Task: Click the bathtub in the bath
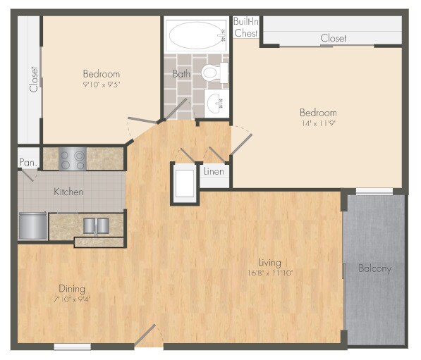[197, 34]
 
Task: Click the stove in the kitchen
[72, 159]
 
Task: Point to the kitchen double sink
[96, 225]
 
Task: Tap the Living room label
[269, 263]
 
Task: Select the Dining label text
[72, 288]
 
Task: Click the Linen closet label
[214, 171]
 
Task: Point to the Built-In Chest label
[246, 27]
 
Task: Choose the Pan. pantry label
[28, 163]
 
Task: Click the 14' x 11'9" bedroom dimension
[318, 123]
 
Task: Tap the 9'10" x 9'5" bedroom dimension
[101, 85]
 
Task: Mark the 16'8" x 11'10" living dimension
[269, 273]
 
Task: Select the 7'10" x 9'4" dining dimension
[72, 299]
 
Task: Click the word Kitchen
[69, 192]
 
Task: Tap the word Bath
[181, 73]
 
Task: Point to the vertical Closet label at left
[32, 80]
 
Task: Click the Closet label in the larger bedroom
[333, 38]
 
